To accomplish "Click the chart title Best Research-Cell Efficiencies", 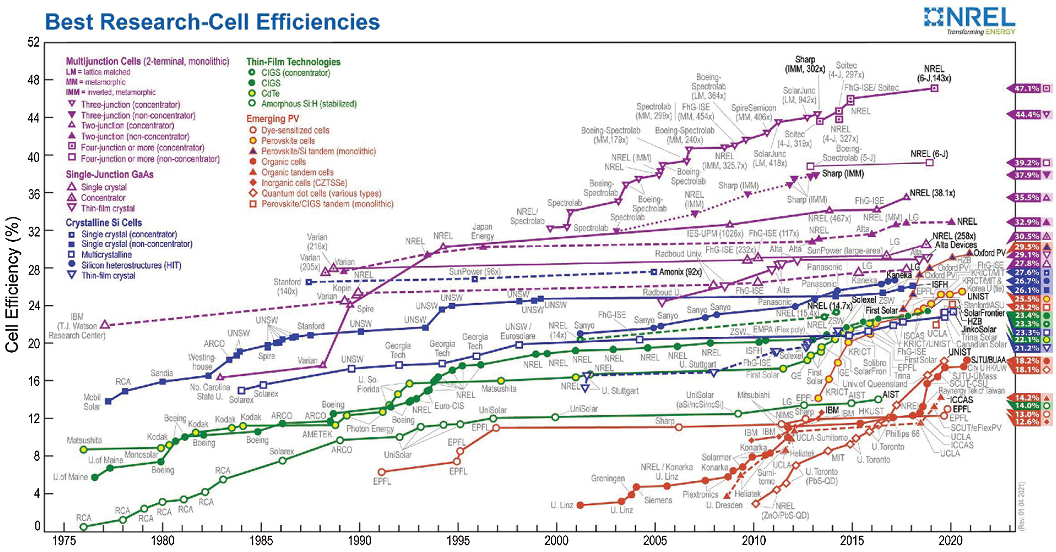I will [x=212, y=22].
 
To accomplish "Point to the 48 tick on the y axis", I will [x=34, y=80].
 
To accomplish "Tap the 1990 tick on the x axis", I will [x=359, y=540].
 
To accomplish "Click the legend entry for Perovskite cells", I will [x=288, y=141].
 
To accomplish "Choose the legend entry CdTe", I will [x=270, y=93].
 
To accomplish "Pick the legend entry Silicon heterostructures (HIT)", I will [x=131, y=265].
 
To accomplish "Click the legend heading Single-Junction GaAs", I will [x=109, y=174].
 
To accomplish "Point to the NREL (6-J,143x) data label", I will [x=934, y=73].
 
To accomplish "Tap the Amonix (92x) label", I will [x=680, y=272].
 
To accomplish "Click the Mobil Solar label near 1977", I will [x=92, y=402].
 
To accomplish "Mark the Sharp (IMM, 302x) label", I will [x=804, y=64].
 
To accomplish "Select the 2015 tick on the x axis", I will [x=852, y=540].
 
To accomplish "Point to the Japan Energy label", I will [x=482, y=231].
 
